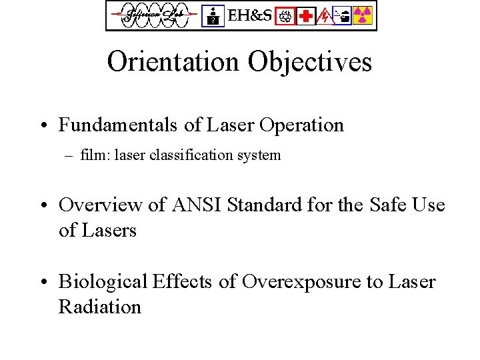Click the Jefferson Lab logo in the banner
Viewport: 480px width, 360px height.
[153, 15]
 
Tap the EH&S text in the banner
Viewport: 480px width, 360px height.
[250, 15]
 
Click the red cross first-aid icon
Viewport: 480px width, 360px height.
[306, 15]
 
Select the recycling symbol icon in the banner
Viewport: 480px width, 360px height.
[286, 15]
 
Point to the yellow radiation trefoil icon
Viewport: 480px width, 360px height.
[362, 15]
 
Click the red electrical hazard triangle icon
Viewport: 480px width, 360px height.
[325, 15]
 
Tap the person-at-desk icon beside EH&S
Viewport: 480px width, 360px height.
[213, 15]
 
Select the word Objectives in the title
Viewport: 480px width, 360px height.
[310, 62]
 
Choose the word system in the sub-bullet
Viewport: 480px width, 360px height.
[257, 156]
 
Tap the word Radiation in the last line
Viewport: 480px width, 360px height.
[100, 307]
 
